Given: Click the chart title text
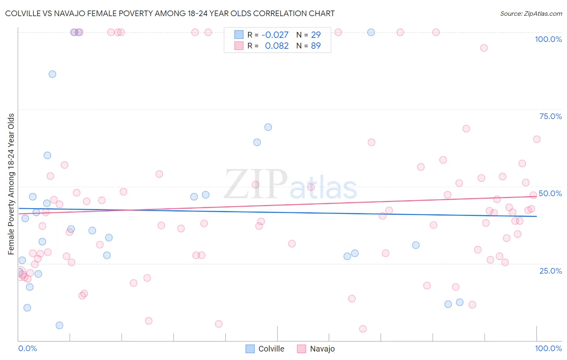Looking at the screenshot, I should (x=170, y=13).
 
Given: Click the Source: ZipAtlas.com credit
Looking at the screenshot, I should (x=531, y=13).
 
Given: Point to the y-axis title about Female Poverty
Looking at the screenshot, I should (x=11, y=184).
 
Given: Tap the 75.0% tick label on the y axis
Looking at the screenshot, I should (x=550, y=116).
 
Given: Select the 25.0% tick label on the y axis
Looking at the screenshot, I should (x=550, y=271).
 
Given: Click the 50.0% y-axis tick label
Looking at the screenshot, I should (x=550, y=193).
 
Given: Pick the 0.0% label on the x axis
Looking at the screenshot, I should (x=27, y=348).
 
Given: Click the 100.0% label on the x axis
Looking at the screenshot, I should (x=548, y=348).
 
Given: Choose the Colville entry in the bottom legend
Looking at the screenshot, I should (x=265, y=349).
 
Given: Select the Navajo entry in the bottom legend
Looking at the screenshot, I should (x=316, y=349).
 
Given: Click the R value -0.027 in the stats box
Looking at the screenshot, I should (x=275, y=35).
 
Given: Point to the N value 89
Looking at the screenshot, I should (x=316, y=46).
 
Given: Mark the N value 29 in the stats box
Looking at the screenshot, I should (x=316, y=35).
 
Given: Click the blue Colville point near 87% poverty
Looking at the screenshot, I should (x=52, y=74).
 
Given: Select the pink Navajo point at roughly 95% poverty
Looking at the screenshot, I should (x=484, y=48).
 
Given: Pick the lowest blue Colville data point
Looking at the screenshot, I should (x=59, y=325).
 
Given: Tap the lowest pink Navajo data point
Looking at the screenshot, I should (x=363, y=329).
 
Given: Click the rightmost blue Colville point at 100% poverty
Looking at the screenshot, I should (x=371, y=32).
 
